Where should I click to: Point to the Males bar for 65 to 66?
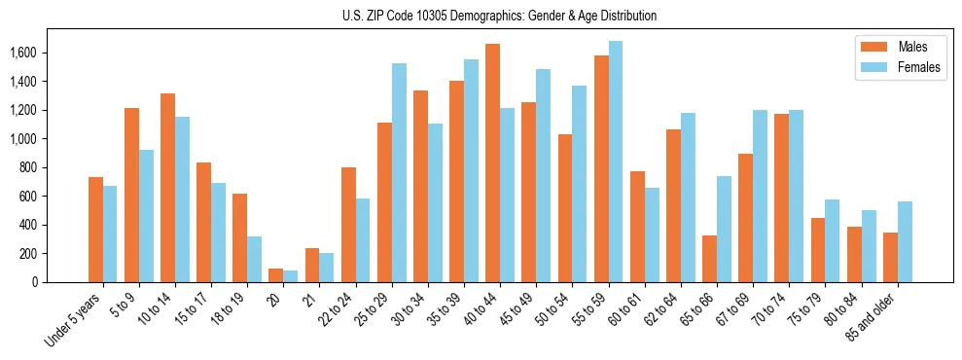pyautogui.click(x=709, y=259)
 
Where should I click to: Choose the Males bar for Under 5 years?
pyautogui.click(x=95, y=230)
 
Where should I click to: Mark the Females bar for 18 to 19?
pyautogui.click(x=254, y=259)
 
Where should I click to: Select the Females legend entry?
pyautogui.click(x=898, y=67)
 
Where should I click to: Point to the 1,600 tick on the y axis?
pyautogui.click(x=48, y=53)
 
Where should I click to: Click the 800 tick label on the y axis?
pyautogui.click(x=54, y=167)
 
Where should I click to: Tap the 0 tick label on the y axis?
pyautogui.click(x=61, y=282)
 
